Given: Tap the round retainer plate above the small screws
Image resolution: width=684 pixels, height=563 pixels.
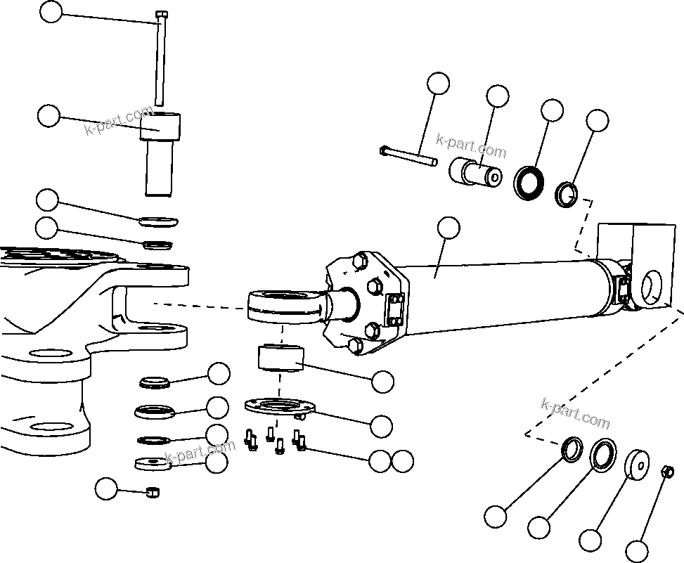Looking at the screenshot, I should pos(277,407).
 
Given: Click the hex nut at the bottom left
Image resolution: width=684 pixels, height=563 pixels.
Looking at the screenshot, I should pos(153,492).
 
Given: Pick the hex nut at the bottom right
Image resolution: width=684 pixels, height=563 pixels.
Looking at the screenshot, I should pos(669,472).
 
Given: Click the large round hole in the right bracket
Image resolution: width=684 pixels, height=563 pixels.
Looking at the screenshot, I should pos(653,285).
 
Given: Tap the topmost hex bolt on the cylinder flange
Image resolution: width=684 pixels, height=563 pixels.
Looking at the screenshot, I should pos(360,261).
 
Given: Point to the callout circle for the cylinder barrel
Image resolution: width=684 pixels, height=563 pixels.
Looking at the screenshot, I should pos(448,228).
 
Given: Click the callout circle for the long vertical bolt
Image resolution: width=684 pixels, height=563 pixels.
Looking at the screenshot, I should pos(51,12).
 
